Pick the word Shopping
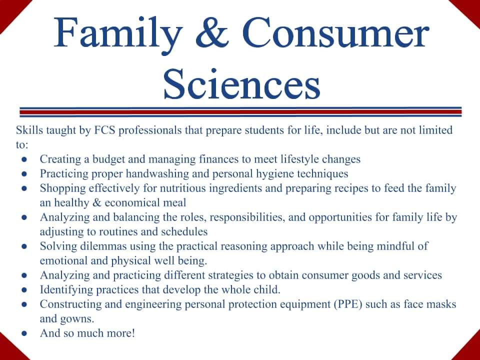tap(60, 188)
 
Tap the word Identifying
tap(63, 290)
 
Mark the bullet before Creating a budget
tap(24, 160)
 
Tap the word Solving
tap(55, 246)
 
